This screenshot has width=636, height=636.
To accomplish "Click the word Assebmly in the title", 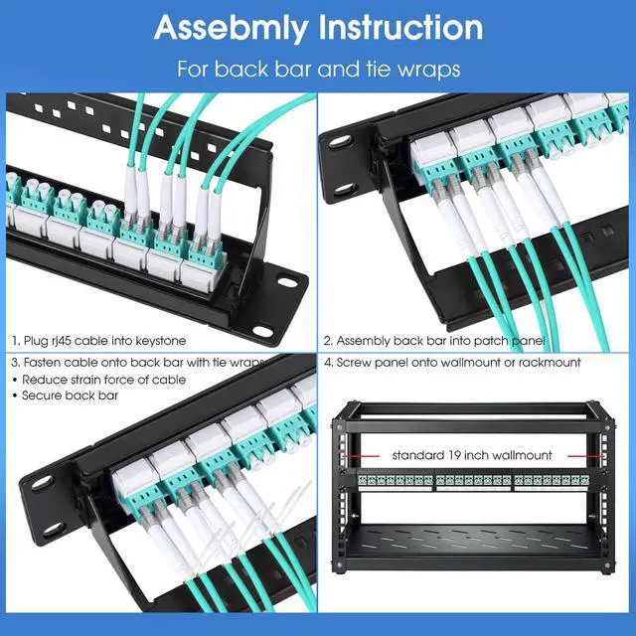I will [235, 28].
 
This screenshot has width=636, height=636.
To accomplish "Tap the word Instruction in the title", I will [401, 28].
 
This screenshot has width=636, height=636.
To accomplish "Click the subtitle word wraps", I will [433, 71].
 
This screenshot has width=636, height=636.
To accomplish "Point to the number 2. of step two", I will [329, 340].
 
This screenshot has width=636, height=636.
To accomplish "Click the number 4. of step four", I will [329, 363].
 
